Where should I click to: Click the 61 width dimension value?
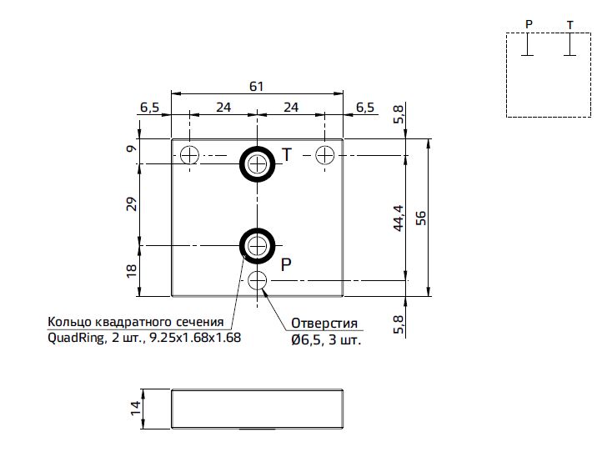click(x=257, y=86)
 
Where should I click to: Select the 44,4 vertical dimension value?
click(x=398, y=218)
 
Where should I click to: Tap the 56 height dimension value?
click(x=421, y=218)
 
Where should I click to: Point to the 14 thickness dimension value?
click(x=135, y=409)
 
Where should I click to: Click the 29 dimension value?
click(x=132, y=204)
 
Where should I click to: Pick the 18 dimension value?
click(x=132, y=271)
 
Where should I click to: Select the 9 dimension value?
click(x=132, y=148)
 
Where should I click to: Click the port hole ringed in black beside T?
click(x=257, y=164)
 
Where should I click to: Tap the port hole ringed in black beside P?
click(x=257, y=246)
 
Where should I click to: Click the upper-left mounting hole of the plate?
click(x=189, y=155)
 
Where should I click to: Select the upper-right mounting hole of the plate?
click(x=324, y=155)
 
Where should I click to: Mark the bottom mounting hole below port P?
click(x=257, y=280)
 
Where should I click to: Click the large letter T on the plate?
click(x=287, y=155)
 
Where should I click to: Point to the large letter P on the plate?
click(x=286, y=264)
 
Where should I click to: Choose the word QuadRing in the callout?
click(x=76, y=338)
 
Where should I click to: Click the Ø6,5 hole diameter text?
click(x=306, y=340)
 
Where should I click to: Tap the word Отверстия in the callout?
click(x=324, y=324)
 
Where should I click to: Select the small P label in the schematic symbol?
click(x=529, y=24)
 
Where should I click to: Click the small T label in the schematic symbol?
click(x=570, y=25)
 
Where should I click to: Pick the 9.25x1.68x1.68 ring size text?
click(x=195, y=338)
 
